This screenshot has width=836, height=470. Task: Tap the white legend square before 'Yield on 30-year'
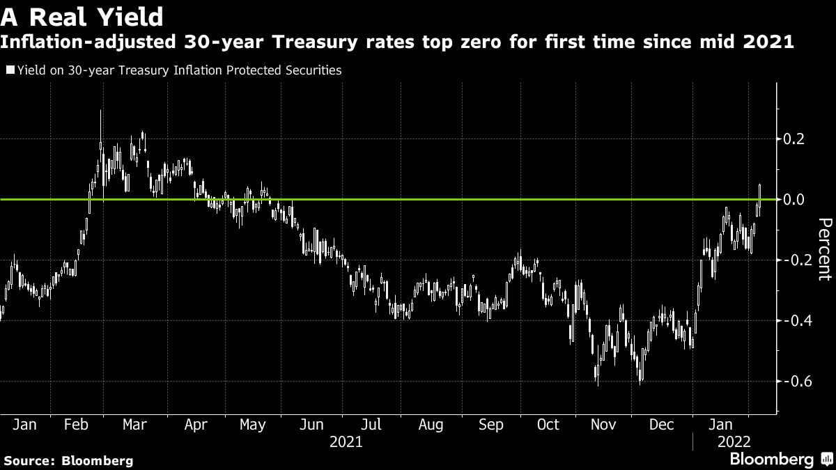pyautogui.click(x=10, y=70)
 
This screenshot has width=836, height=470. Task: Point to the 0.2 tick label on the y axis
pyautogui.click(x=795, y=139)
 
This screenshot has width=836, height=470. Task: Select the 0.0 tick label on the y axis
pyautogui.click(x=795, y=200)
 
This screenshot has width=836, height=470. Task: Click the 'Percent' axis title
pyautogui.click(x=824, y=249)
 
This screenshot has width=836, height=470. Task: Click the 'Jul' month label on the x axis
pyautogui.click(x=371, y=425)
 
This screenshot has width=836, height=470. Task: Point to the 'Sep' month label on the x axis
pyautogui.click(x=491, y=425)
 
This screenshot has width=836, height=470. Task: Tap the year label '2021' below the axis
pyautogui.click(x=346, y=441)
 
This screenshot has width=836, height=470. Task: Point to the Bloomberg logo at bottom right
pyautogui.click(x=780, y=459)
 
